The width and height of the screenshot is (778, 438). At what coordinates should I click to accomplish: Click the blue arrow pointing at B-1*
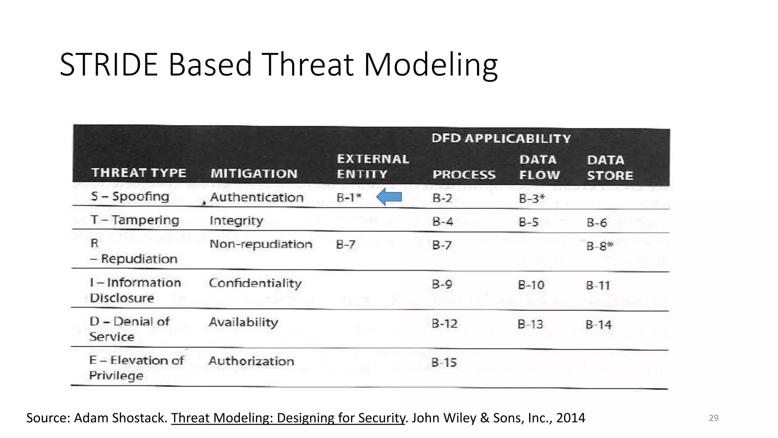(389, 197)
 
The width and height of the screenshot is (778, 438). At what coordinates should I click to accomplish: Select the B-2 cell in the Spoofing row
(442, 198)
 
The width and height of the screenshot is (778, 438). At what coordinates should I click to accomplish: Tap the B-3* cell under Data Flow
(531, 198)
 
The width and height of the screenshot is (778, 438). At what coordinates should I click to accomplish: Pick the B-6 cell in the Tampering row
(596, 222)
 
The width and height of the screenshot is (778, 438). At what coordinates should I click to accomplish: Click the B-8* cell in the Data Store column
(599, 246)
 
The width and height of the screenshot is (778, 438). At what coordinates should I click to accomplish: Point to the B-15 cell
(444, 362)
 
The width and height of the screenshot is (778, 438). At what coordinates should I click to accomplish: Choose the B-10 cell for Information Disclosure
(531, 285)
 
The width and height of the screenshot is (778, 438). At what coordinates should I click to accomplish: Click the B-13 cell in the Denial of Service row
(530, 324)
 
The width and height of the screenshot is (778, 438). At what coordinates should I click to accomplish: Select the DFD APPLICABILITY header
(501, 138)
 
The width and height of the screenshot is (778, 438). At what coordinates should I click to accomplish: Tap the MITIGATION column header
(254, 174)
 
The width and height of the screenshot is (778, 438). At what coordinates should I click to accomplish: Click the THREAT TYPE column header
(139, 173)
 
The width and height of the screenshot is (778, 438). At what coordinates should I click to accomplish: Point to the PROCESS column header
(464, 175)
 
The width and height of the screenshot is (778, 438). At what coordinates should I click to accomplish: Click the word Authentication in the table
(257, 197)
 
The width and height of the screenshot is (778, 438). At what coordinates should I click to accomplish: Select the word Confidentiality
(255, 283)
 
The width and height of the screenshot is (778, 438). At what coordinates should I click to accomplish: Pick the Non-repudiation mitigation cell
(261, 244)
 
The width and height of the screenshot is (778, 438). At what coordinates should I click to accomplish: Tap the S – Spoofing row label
(130, 197)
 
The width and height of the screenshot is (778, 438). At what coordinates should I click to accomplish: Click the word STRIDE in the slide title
(109, 65)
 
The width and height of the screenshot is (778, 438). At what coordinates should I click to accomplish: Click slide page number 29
(713, 418)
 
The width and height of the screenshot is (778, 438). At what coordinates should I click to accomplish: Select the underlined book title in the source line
(288, 418)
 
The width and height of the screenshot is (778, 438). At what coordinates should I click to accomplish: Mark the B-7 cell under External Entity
(345, 244)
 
